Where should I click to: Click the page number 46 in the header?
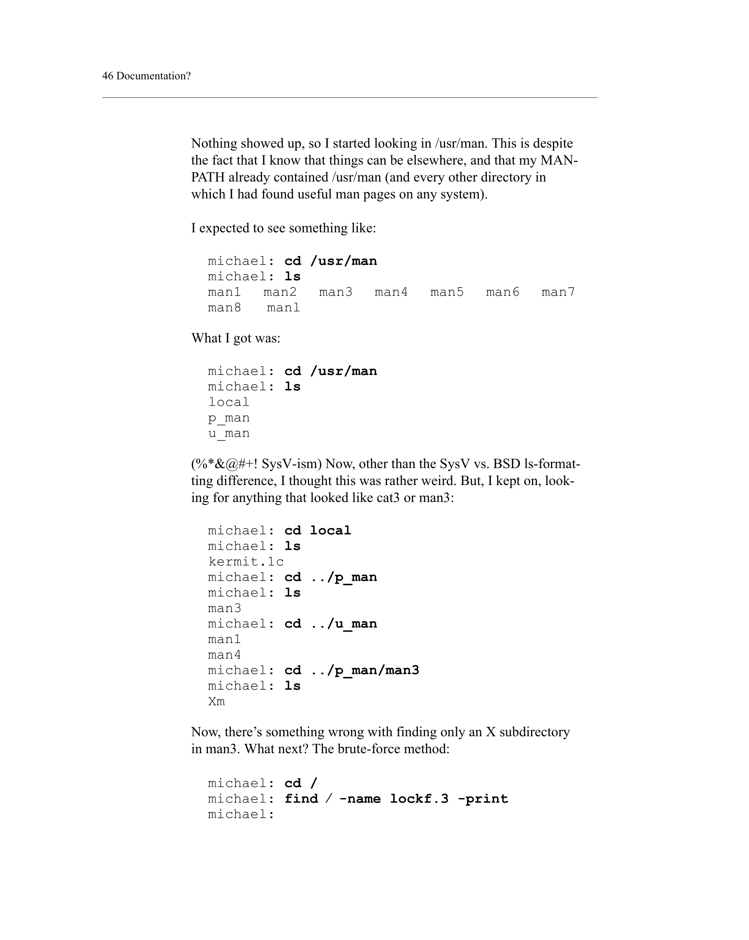(108, 76)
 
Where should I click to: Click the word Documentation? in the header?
(153, 76)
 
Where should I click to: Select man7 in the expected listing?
(558, 292)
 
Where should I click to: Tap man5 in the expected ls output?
(447, 292)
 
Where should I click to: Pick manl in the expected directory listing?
(283, 308)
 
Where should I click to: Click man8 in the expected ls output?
(224, 308)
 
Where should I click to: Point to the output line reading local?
(228, 402)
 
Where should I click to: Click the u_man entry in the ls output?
(228, 433)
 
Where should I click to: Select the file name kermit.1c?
(246, 562)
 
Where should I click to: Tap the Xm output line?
(216, 702)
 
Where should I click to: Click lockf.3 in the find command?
(419, 799)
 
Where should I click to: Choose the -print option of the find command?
(483, 799)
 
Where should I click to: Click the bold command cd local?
(317, 531)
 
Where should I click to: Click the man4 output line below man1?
(224, 655)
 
